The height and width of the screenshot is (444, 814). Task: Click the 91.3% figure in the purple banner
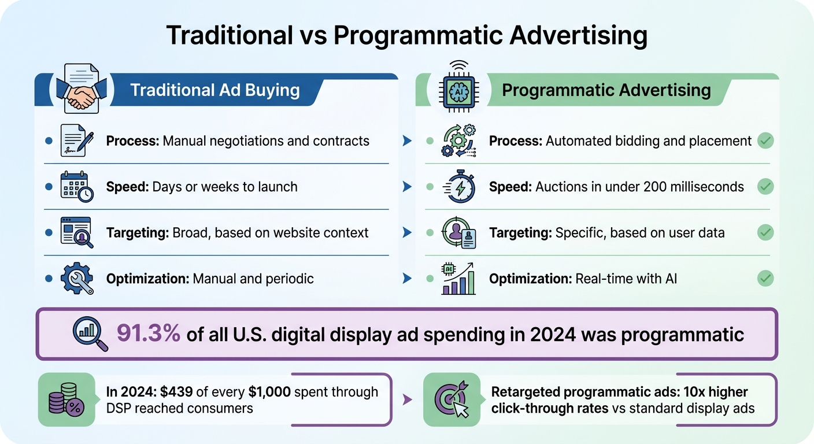click(x=148, y=334)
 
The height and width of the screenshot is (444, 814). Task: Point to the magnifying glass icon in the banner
click(x=90, y=334)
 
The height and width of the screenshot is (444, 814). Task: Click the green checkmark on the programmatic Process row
click(x=765, y=140)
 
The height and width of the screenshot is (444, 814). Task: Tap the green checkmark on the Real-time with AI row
click(x=765, y=279)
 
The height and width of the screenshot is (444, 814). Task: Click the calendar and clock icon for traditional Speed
click(x=76, y=186)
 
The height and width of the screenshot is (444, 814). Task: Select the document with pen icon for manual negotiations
click(x=76, y=140)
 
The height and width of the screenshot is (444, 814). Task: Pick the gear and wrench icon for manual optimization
click(x=76, y=279)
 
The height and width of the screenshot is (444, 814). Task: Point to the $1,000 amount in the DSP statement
click(x=269, y=392)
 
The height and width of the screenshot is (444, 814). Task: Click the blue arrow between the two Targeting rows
click(x=407, y=232)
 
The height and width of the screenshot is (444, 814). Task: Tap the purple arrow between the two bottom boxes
click(x=407, y=399)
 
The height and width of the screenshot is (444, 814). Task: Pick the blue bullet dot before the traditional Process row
click(x=49, y=140)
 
